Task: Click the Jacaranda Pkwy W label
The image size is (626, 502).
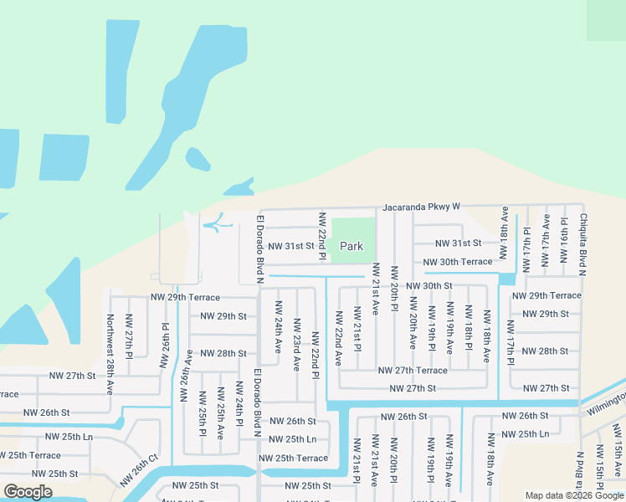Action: [x=422, y=206]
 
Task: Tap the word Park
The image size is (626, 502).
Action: [x=351, y=246]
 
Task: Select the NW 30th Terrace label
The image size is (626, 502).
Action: [x=458, y=262]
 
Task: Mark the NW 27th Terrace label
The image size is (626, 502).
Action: [x=413, y=370]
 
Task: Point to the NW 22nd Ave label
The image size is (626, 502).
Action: [x=339, y=338]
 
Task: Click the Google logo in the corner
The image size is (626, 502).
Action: [x=28, y=491]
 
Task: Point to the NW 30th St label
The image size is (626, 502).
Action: [x=429, y=286]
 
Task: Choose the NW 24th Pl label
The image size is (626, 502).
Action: [x=239, y=403]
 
